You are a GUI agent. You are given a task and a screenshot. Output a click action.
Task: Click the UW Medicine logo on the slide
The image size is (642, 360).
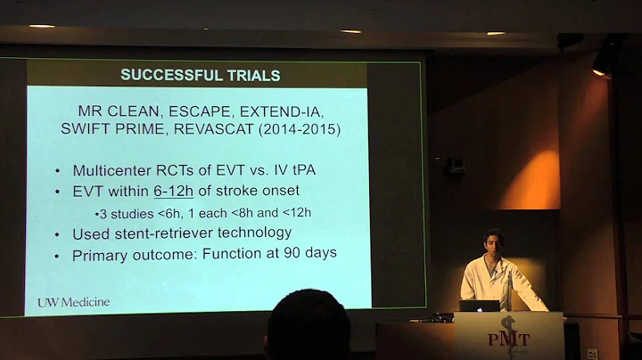click(73, 302)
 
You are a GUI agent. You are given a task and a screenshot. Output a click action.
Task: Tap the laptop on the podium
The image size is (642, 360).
click(479, 307)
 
